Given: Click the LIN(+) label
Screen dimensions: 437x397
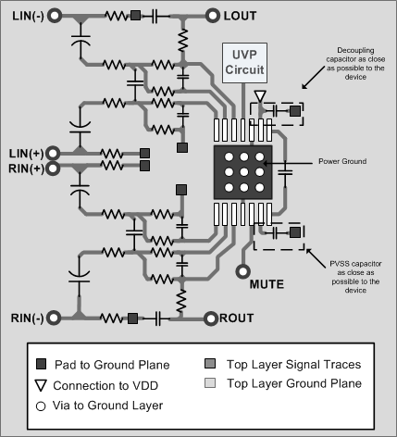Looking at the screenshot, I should [24, 152].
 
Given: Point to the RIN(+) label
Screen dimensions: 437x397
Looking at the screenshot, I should [24, 168].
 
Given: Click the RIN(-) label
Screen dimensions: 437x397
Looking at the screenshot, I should [25, 318].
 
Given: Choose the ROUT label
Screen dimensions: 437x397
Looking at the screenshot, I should [236, 318].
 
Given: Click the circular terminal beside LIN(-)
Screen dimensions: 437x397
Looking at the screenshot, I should [55, 16].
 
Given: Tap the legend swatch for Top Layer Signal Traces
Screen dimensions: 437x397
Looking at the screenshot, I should [210, 364].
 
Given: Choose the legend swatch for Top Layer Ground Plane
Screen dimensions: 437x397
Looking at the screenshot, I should [210, 383].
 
